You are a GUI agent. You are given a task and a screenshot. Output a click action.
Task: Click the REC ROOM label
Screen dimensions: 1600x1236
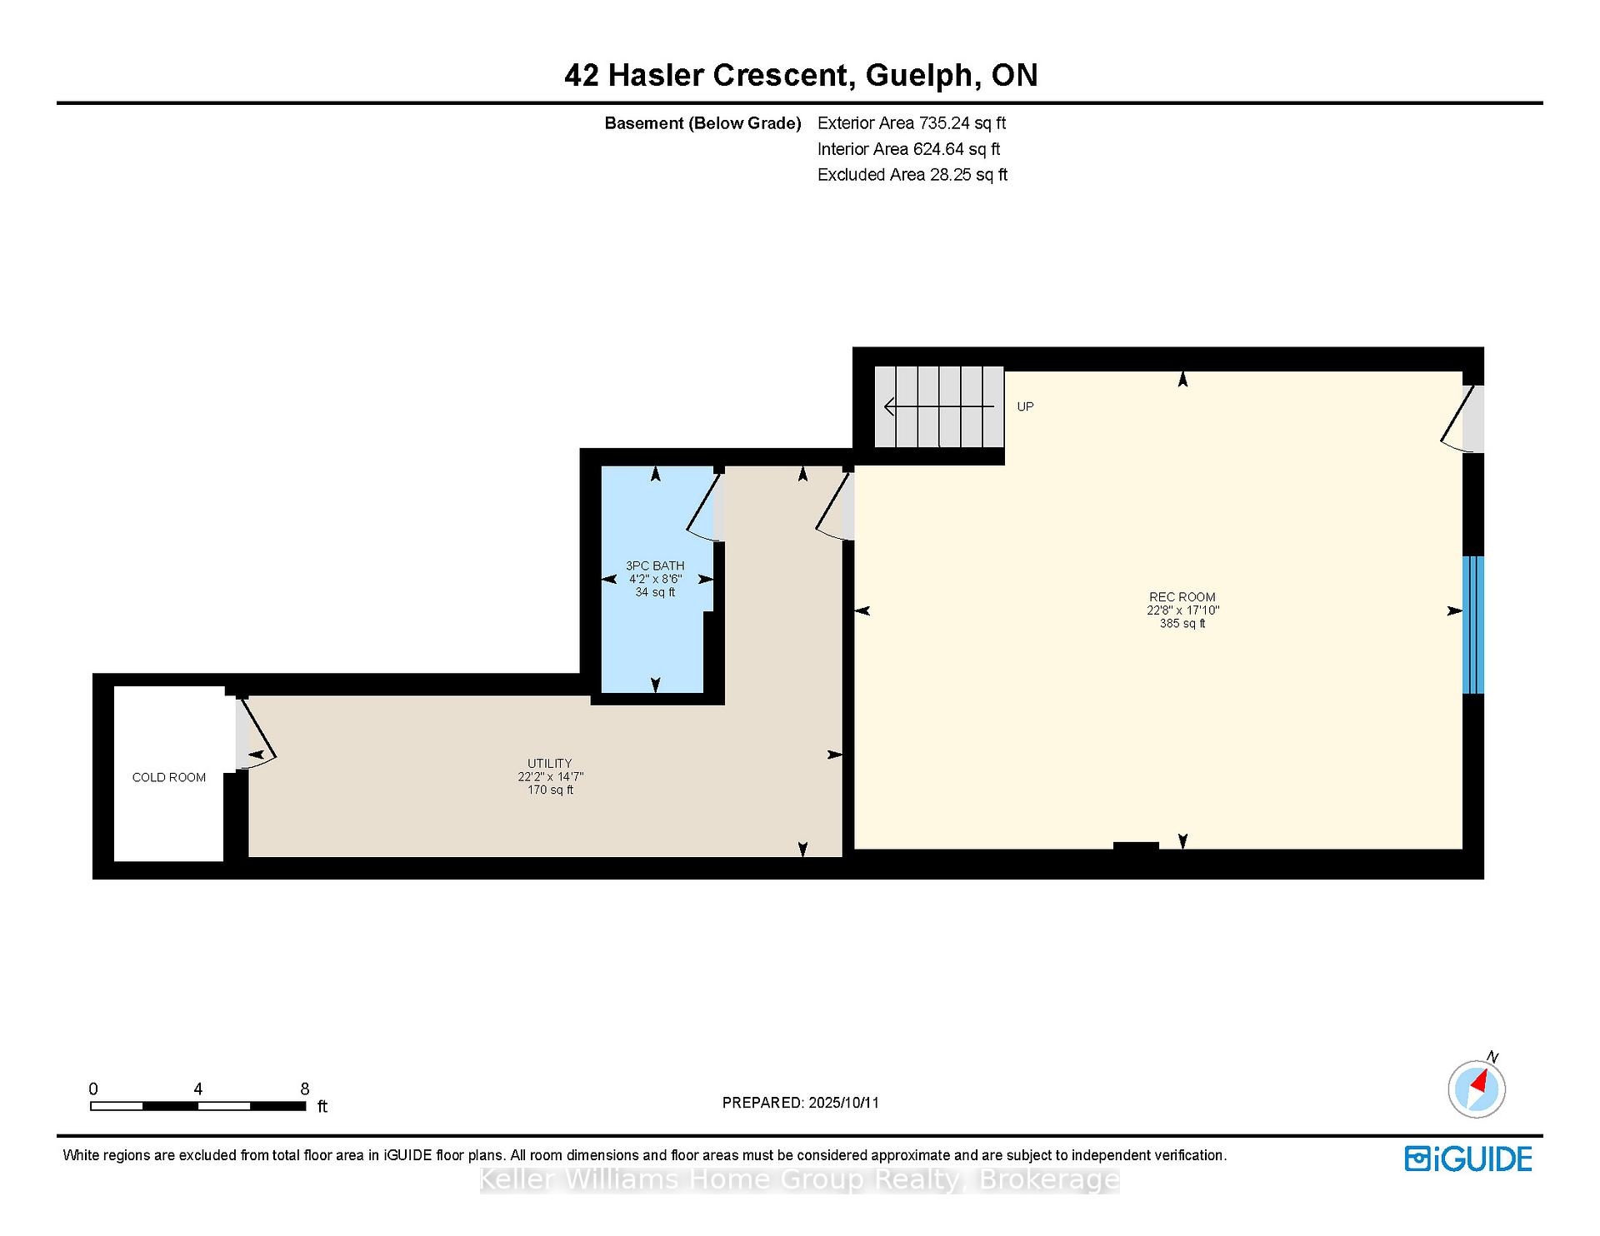tap(1182, 596)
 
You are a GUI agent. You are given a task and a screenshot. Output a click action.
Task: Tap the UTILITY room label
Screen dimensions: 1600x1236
tap(550, 763)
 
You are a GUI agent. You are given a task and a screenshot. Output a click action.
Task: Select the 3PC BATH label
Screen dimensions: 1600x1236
tap(655, 566)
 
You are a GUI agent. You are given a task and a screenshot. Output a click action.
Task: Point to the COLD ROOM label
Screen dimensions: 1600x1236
tap(169, 777)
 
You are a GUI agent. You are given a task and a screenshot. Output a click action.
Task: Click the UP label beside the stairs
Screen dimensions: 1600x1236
tap(1025, 406)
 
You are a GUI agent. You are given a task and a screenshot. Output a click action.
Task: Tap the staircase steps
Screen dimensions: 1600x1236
tap(939, 407)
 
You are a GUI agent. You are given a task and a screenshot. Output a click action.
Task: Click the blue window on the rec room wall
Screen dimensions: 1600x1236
tap(1473, 625)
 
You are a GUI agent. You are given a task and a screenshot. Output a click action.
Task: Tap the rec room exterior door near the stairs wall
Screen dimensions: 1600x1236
tap(1463, 418)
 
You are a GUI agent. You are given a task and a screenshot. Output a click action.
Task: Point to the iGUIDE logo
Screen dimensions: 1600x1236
tap(1468, 1159)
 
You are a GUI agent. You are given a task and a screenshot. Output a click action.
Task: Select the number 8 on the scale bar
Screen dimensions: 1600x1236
tap(305, 1089)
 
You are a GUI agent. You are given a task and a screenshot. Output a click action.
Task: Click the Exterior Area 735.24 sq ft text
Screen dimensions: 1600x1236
tap(912, 123)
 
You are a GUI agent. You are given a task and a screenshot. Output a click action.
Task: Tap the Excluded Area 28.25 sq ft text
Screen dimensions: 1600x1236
tap(912, 175)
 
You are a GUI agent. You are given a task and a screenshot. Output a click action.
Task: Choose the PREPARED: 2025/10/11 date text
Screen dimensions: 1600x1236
tap(801, 1103)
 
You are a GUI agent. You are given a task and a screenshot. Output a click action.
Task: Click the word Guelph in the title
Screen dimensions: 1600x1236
tap(919, 76)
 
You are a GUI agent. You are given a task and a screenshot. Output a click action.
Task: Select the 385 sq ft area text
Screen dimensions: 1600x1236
tap(1182, 623)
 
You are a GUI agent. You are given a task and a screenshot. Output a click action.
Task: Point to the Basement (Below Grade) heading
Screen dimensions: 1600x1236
tap(702, 123)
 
